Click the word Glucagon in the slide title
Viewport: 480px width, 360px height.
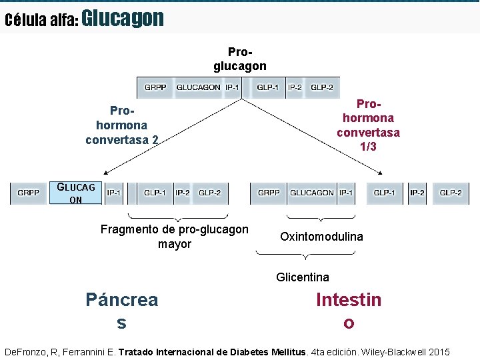(123, 18)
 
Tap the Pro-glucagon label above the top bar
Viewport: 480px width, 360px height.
(240, 59)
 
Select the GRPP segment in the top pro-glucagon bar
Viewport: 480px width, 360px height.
(155, 87)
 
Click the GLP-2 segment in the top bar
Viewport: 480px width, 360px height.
(322, 87)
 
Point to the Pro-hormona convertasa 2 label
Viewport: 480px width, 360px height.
(121, 125)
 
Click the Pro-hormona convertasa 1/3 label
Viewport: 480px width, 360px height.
(368, 125)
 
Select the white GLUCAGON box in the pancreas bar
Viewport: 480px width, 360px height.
(77, 193)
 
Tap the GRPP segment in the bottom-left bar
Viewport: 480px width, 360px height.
(28, 193)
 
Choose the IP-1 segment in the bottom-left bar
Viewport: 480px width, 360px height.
(114, 193)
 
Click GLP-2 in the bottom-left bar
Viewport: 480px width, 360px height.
(209, 193)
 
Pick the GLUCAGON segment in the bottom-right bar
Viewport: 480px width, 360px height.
(311, 193)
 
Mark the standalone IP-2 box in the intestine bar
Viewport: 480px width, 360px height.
(417, 193)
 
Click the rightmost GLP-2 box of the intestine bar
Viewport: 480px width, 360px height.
(451, 193)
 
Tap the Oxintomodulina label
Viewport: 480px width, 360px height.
(321, 237)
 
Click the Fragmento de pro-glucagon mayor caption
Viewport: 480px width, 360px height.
(174, 237)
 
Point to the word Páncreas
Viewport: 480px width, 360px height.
(121, 311)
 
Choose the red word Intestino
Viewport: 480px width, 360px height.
(349, 311)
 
